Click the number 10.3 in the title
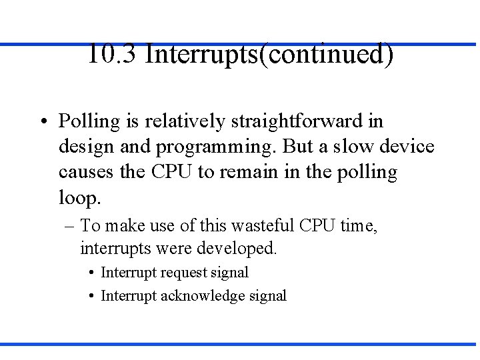(111, 54)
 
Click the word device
(407, 147)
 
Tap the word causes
(86, 173)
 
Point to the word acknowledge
(205, 296)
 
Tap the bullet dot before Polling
(42, 122)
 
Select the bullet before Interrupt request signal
(90, 273)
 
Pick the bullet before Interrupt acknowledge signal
(90, 296)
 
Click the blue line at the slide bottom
(240, 344)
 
